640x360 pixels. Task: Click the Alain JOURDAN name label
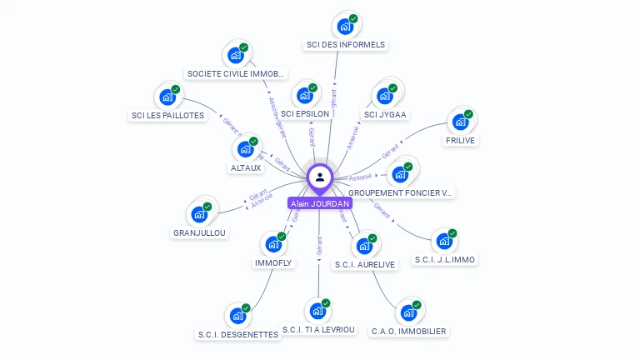319,203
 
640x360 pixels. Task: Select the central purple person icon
320,177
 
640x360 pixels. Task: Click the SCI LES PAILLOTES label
167,116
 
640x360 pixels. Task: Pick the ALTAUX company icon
246,149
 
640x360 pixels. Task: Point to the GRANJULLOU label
199,232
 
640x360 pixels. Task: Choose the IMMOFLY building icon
272,244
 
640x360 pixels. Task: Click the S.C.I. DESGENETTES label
237,335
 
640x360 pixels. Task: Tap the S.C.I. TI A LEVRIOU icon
317,311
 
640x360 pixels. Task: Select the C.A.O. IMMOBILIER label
408,331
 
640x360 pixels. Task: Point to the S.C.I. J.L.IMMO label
445,259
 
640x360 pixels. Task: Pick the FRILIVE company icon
459,122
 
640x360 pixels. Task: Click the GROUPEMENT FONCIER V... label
400,192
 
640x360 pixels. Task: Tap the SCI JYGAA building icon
384,96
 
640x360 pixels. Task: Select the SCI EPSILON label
304,113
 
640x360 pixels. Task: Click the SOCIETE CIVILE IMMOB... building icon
235,55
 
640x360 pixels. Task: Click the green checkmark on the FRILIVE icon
468,113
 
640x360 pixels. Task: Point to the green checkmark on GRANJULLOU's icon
207,206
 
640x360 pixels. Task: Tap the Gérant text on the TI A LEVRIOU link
319,245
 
